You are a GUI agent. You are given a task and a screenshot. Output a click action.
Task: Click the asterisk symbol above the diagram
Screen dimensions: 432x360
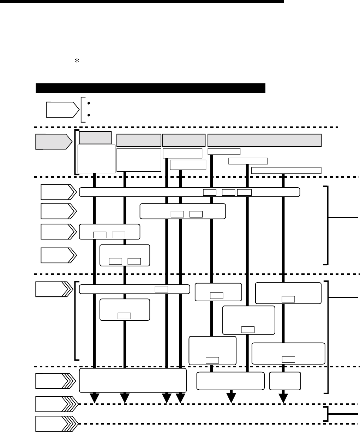[75, 61]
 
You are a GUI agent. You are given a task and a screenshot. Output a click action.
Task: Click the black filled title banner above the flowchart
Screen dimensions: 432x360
[150, 88]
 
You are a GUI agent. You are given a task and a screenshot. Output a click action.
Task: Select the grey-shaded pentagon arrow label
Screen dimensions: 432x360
[52, 141]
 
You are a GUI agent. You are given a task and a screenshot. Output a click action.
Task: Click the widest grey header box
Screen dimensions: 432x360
[264, 140]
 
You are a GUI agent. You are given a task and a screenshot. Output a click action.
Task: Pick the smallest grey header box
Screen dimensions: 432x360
[95, 137]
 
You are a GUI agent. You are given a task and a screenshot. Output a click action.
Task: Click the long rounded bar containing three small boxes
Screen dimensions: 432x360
[190, 192]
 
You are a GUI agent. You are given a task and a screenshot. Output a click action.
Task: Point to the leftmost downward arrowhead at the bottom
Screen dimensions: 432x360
[95, 398]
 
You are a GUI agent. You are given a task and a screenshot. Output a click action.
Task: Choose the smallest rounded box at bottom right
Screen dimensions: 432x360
[285, 381]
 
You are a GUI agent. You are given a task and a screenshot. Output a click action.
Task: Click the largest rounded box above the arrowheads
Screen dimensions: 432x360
[133, 380]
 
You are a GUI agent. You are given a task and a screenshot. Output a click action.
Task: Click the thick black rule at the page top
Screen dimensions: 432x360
[142, 1]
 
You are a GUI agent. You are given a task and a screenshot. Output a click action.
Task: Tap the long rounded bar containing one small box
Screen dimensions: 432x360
[134, 289]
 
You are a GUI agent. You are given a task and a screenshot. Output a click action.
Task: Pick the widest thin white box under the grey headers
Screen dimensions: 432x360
[286, 171]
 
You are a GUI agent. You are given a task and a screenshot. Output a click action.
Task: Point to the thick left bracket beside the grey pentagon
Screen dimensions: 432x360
[76, 152]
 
